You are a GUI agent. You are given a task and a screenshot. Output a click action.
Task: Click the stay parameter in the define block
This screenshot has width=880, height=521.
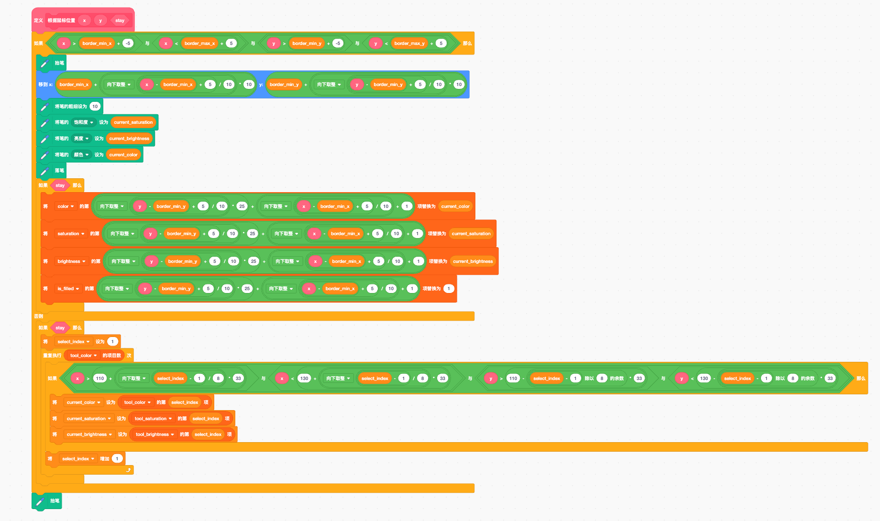point(120,21)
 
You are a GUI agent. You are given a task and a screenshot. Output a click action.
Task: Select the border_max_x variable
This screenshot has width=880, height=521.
point(199,43)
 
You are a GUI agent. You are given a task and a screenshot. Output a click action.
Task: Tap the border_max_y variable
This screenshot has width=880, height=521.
point(409,43)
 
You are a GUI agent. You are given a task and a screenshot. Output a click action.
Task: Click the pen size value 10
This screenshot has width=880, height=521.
point(95,107)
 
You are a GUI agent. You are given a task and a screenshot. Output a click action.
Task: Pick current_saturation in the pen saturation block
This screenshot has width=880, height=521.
point(133,122)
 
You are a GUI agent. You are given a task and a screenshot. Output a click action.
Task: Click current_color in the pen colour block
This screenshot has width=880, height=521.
point(123,155)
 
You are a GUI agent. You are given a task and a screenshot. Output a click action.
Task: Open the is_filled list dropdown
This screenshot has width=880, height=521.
point(68,289)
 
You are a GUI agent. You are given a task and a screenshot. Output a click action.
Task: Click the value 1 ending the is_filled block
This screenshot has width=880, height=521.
point(449,289)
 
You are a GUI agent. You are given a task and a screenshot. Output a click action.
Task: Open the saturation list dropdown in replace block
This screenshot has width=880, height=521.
point(71,234)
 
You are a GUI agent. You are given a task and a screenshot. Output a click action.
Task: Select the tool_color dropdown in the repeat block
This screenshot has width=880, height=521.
point(83,356)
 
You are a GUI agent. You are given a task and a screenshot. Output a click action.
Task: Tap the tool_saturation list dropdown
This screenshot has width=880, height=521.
point(153,419)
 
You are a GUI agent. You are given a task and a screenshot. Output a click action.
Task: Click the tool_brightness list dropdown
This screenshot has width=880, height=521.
point(154,434)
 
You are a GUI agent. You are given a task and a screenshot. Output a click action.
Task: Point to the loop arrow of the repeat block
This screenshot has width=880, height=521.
point(128,470)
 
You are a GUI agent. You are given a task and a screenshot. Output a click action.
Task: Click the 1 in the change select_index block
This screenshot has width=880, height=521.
point(117,459)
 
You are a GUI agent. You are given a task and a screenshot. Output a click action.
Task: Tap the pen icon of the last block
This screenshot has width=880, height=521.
point(40,501)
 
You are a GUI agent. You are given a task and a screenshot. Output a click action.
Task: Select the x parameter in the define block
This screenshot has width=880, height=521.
point(84,21)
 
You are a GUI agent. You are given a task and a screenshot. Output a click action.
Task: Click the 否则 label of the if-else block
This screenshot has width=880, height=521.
point(38,316)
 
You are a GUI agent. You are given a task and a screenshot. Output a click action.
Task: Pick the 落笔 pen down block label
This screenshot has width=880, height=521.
point(59,171)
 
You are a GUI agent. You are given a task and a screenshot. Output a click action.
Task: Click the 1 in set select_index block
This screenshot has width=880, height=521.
point(112,342)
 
